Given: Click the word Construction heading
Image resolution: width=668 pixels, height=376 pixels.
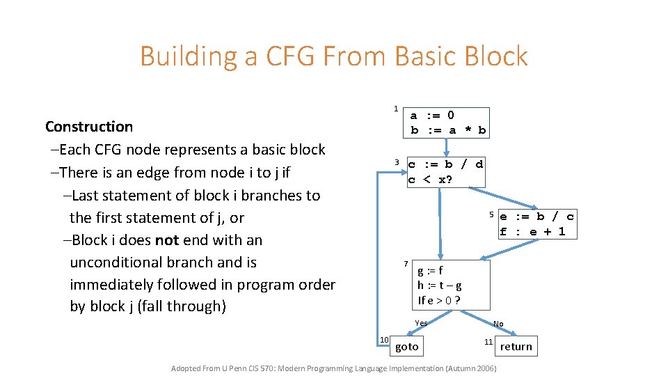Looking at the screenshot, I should [89, 127].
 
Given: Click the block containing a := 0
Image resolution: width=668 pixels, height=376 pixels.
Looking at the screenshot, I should [448, 123].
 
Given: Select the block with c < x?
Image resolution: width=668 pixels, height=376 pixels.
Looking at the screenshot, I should [445, 172].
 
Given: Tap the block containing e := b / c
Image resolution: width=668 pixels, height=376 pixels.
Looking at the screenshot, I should [537, 224].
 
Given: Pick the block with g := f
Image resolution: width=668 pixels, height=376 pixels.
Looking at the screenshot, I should [451, 285].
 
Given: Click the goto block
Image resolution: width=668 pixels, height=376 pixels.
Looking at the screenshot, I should [407, 347].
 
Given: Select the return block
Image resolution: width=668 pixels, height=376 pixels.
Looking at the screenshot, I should [516, 347].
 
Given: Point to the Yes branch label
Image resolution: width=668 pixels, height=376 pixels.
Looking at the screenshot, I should [421, 323].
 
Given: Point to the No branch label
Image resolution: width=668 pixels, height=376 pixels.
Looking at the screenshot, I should [498, 324].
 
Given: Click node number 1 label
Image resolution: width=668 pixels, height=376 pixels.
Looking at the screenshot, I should [396, 109].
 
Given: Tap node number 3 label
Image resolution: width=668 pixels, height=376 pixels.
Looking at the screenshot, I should [397, 163].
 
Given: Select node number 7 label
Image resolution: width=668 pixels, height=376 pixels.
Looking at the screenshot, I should [406, 264].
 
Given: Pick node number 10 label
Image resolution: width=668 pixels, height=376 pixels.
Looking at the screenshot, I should [383, 339].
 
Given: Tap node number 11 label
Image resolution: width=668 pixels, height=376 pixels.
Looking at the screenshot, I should [489, 342].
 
